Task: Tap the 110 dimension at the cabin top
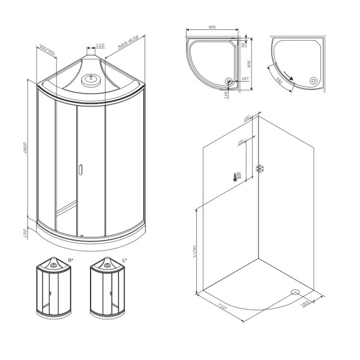tap(100, 45)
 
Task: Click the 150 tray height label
tap(26, 232)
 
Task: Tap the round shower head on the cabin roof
tap(92, 78)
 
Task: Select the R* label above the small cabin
tap(71, 260)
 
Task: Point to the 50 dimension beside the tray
tap(244, 45)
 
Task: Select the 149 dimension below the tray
tap(226, 92)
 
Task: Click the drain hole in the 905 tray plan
tap(228, 82)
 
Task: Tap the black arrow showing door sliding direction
tap(290, 76)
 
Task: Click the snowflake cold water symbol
tap(260, 169)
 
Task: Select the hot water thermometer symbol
tap(238, 177)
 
